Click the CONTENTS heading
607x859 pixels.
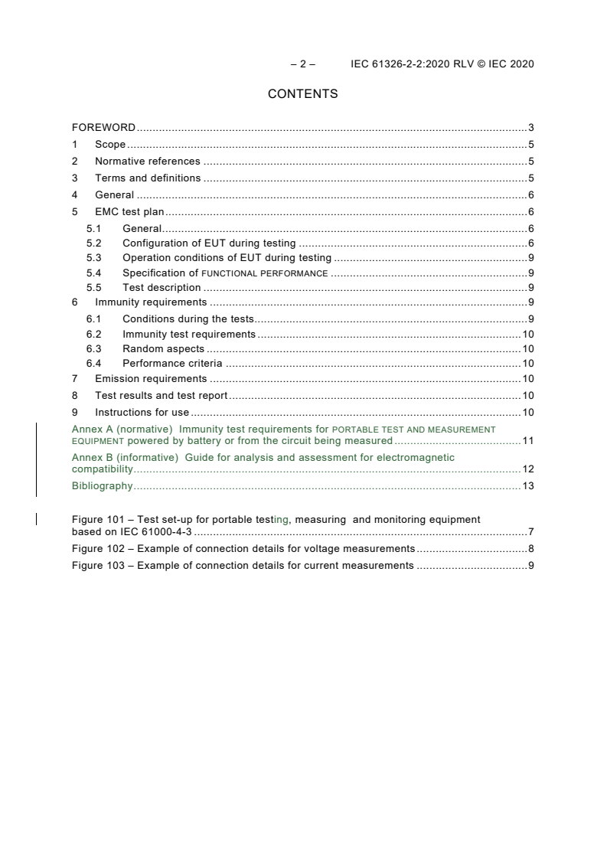(x=302, y=94)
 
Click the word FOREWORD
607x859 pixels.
(x=103, y=128)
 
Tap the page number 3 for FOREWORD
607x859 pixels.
(x=530, y=128)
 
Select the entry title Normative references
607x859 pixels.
(x=147, y=162)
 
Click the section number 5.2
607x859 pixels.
(x=93, y=243)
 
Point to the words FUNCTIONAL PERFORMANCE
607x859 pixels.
(x=265, y=273)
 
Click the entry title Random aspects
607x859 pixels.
(x=163, y=349)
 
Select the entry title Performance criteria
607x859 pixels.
(x=172, y=364)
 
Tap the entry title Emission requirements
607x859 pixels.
(x=151, y=379)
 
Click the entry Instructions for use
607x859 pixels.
(x=142, y=413)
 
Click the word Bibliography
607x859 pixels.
(x=102, y=486)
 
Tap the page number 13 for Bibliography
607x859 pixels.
(x=527, y=486)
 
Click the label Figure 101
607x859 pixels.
(x=98, y=520)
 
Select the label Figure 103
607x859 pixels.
(x=98, y=566)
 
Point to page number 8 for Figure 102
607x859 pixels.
(x=530, y=549)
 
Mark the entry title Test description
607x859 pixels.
(x=162, y=288)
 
